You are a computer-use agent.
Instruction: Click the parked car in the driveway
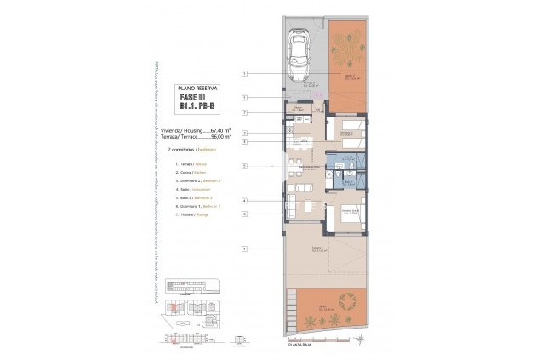click(299, 55)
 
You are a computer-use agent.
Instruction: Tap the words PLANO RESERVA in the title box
click(197, 88)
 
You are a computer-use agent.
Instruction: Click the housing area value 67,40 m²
click(222, 129)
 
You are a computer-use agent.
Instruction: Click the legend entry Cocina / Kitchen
click(191, 172)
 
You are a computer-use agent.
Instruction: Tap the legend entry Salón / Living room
click(193, 190)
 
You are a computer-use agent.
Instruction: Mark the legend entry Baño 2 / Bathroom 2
click(195, 198)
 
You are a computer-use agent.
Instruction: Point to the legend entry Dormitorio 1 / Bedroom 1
click(197, 207)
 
